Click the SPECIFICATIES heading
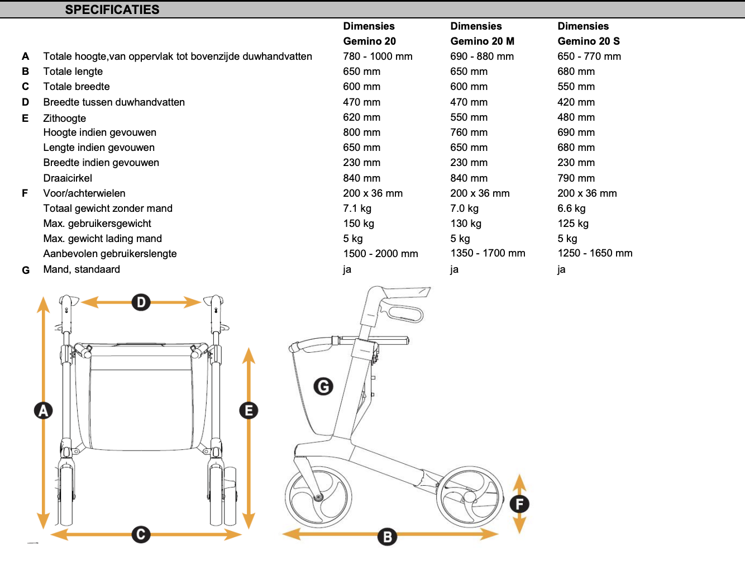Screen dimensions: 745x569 coord(112,10)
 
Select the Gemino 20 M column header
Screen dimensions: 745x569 coord(482,34)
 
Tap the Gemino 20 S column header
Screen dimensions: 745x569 coord(589,34)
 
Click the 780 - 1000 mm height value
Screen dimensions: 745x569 coord(378,56)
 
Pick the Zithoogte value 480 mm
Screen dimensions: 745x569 coord(576,117)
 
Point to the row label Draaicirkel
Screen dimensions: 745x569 coord(68,178)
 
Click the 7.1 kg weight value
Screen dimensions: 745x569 coord(357,208)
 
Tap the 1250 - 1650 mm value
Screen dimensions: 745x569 coord(595,253)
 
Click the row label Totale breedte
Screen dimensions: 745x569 coord(77,87)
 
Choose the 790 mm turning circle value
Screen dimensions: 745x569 coord(576,178)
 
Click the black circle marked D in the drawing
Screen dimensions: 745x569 coord(141,302)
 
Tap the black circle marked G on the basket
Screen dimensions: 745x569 coord(323,387)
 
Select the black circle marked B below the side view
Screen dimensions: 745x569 coord(387,537)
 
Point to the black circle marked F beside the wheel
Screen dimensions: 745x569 coord(519,504)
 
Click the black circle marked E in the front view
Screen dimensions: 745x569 coord(249,410)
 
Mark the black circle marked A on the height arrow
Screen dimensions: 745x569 coord(44,410)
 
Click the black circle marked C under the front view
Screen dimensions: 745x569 coord(141,534)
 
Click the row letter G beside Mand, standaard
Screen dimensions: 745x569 coord(26,271)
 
